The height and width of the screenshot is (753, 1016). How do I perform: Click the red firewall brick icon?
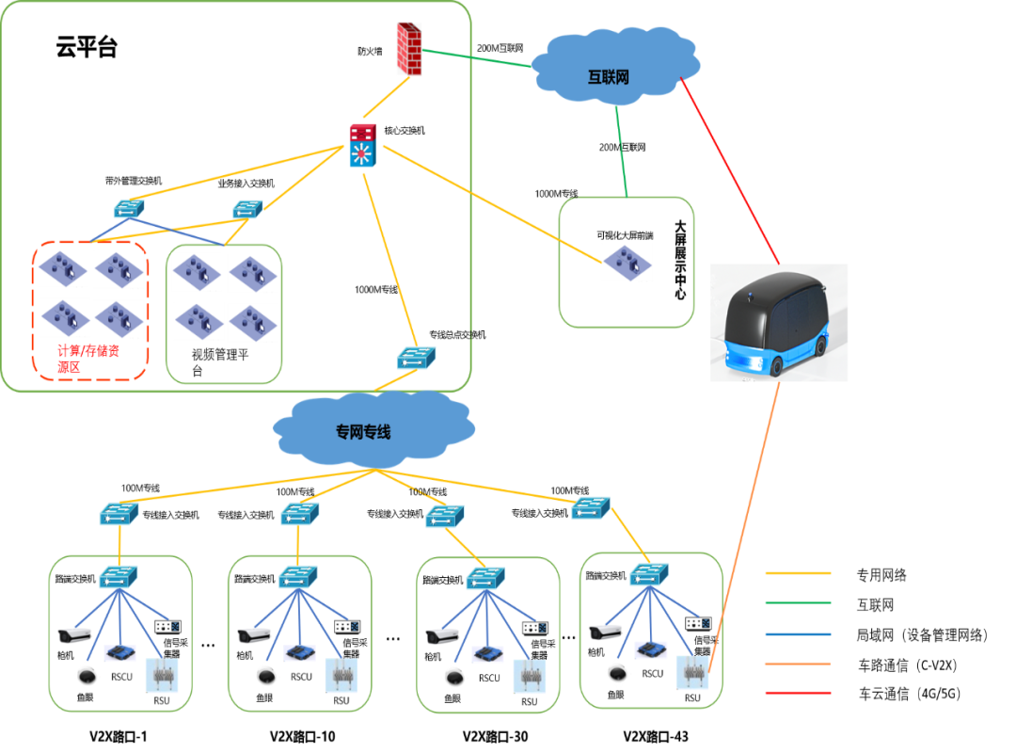[408, 48]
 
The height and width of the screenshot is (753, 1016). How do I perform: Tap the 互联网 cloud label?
[608, 76]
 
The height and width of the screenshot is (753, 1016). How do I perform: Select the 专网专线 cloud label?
[363, 432]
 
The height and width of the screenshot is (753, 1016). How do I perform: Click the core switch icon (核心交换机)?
[363, 146]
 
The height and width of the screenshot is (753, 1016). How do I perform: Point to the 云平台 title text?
[87, 48]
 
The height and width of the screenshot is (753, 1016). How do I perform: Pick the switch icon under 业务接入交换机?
[246, 209]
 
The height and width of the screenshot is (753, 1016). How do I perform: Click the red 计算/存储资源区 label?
[88, 359]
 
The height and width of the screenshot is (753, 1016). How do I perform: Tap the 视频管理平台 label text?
[220, 362]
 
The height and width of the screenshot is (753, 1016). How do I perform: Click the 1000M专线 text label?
[375, 289]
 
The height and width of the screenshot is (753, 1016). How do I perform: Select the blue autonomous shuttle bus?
[779, 323]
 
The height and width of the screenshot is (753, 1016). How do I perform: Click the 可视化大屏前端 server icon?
[627, 263]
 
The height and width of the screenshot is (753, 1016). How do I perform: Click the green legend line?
[798, 602]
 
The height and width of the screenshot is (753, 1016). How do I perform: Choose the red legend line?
[798, 694]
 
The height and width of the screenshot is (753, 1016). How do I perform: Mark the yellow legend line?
[798, 572]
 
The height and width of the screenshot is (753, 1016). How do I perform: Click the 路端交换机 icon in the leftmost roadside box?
[119, 577]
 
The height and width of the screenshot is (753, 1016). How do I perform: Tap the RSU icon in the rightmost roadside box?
[693, 671]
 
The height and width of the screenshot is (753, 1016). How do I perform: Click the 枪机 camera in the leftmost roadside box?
[72, 635]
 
